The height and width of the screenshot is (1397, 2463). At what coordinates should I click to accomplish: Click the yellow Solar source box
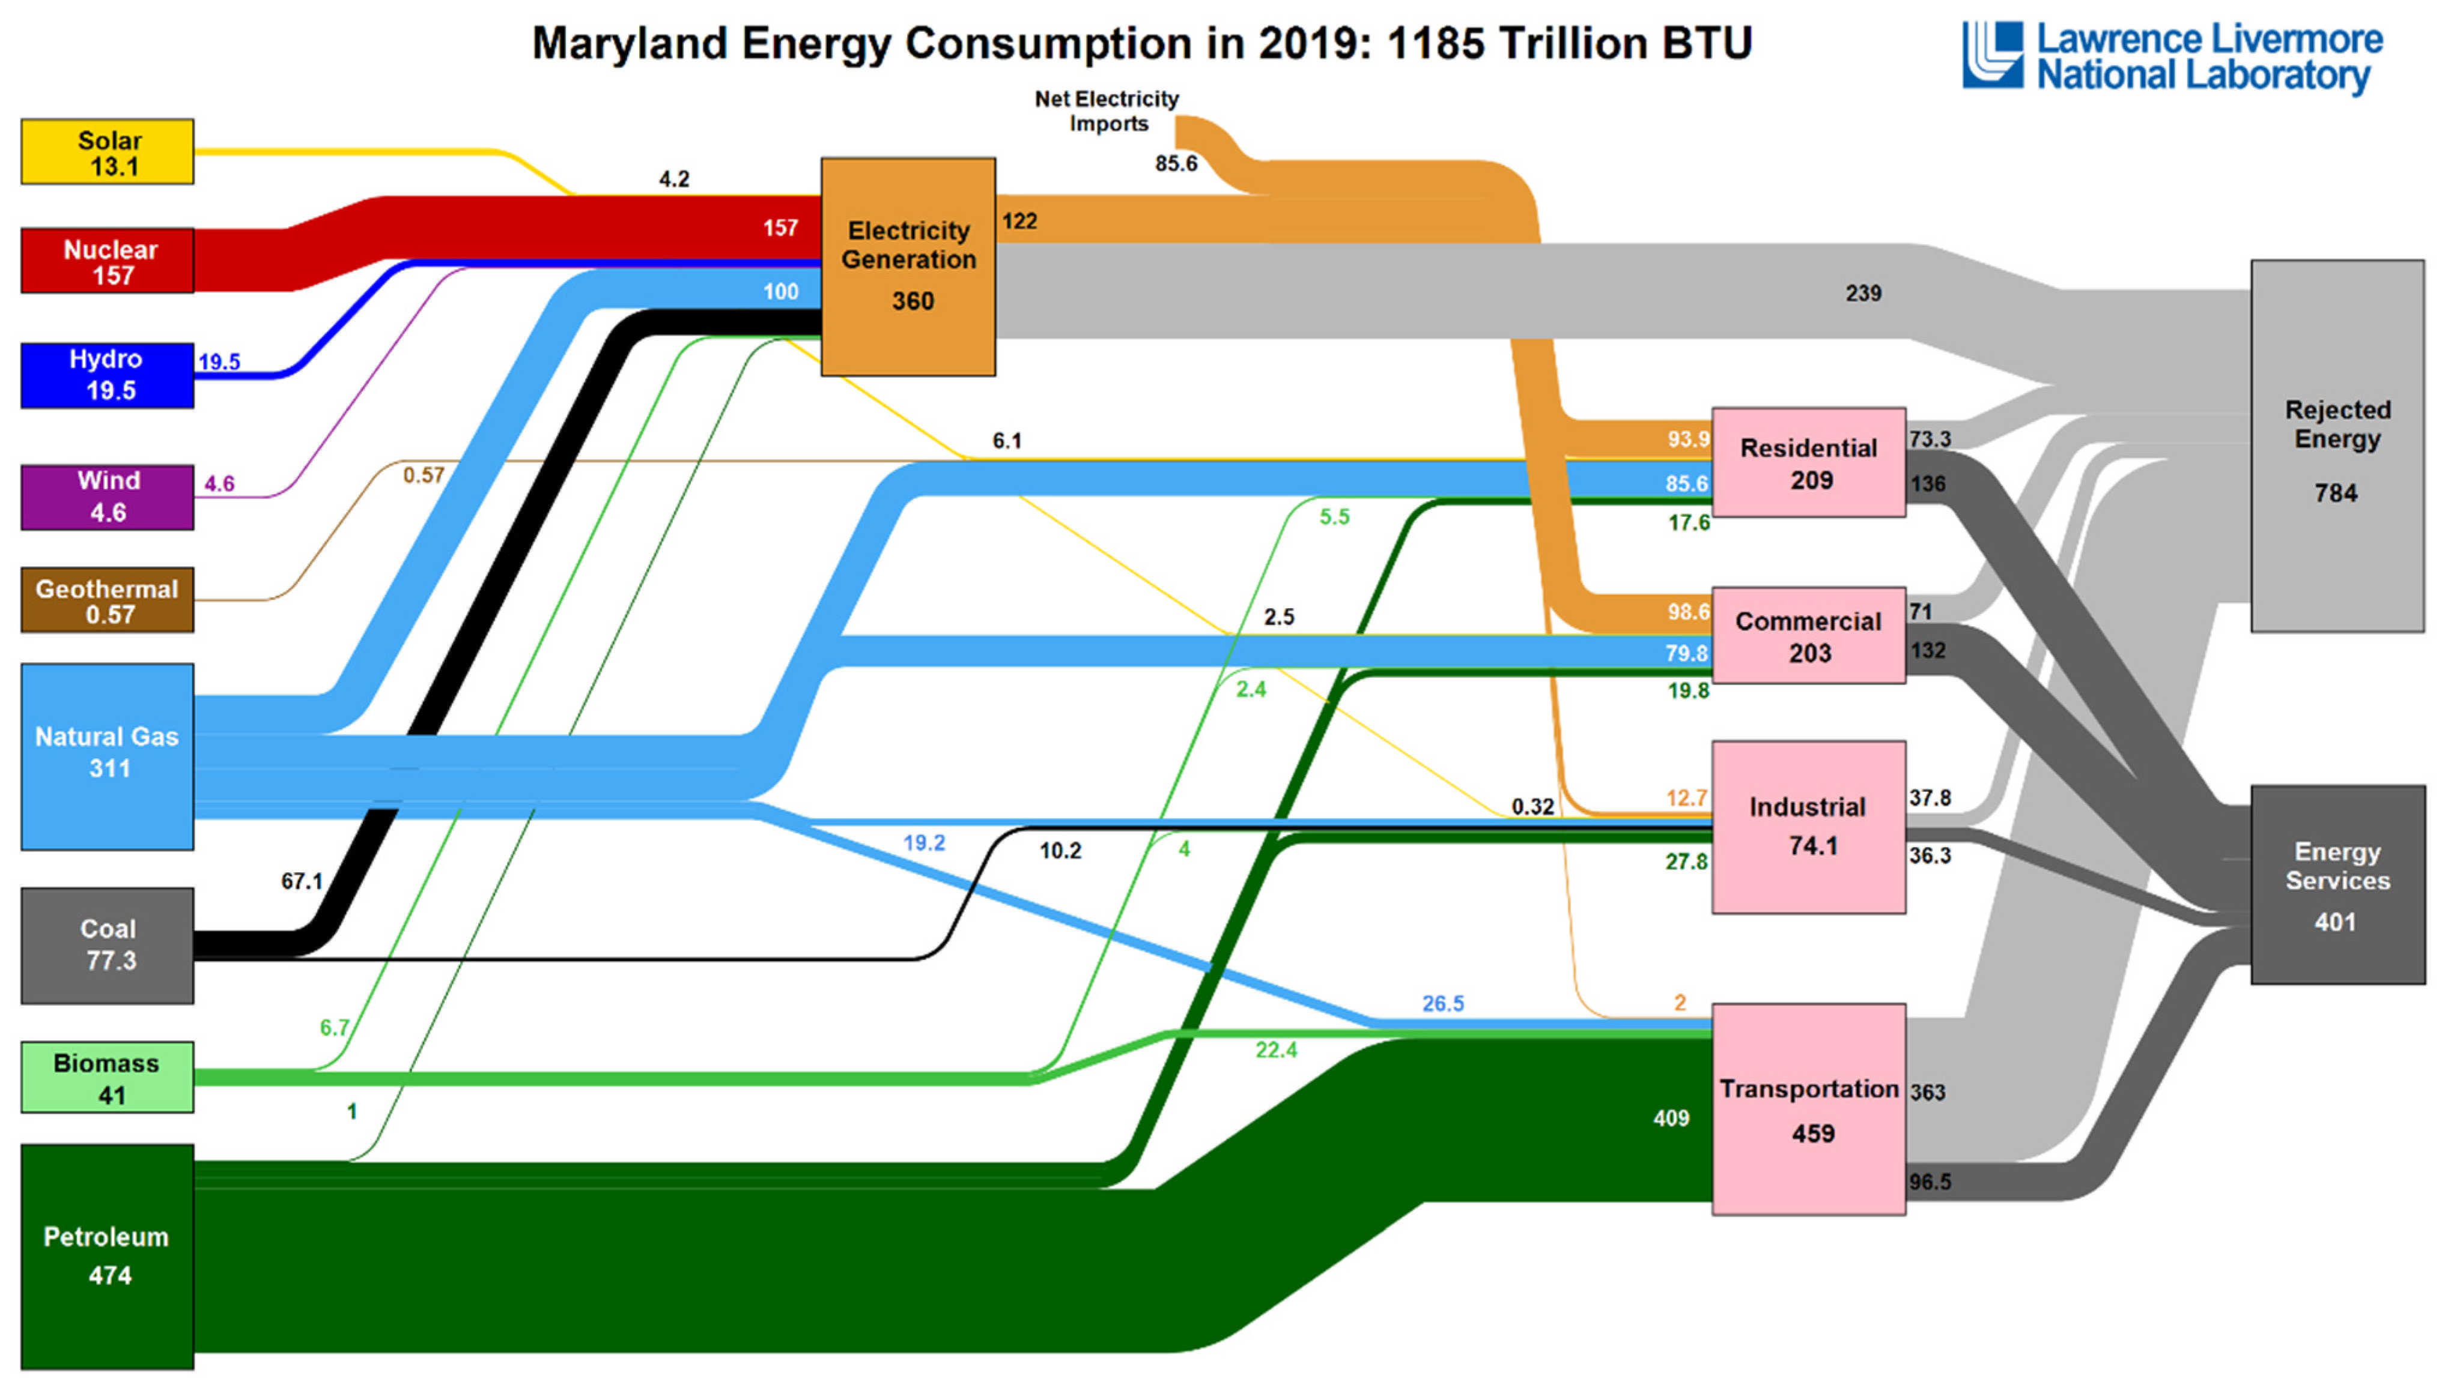tap(108, 152)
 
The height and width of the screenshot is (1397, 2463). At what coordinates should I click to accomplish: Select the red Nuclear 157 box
tap(108, 261)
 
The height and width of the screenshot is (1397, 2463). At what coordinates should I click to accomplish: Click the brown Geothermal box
tap(108, 600)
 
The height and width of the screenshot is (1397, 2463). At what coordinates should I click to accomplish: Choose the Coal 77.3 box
tap(108, 944)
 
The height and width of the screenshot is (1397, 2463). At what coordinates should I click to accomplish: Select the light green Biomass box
tap(108, 1078)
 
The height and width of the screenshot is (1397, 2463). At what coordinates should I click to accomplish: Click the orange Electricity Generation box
tap(908, 266)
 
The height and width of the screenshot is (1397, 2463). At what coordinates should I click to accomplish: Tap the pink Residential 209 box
tap(1808, 462)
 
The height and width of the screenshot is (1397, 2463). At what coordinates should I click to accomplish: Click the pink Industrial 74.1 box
tap(1808, 826)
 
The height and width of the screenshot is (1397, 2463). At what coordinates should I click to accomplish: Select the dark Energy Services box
tap(2337, 885)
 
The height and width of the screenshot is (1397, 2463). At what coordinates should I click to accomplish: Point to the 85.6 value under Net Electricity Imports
tap(1176, 164)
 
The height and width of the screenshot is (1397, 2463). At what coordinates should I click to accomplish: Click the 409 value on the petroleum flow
tap(1671, 1118)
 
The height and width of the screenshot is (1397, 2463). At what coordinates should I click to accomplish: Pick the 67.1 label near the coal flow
tap(302, 881)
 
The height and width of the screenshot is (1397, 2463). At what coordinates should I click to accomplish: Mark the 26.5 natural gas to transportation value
tap(1443, 1004)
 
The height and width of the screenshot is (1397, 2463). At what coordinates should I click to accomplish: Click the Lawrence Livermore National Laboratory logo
tap(2172, 58)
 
